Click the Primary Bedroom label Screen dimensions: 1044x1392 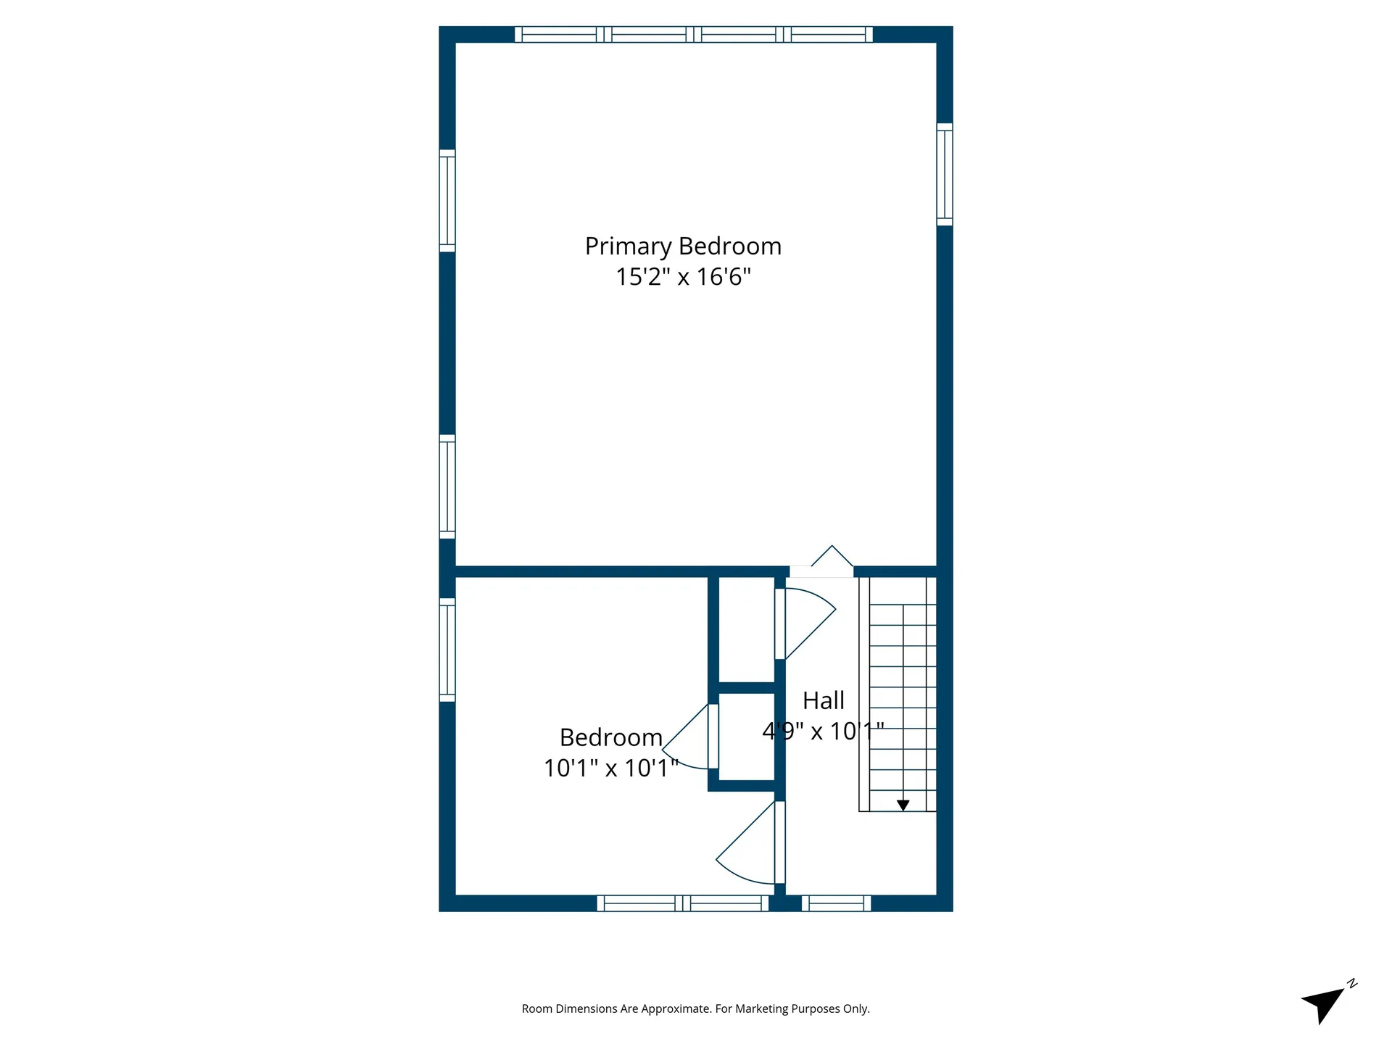[683, 246]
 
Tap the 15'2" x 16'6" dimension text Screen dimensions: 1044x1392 [683, 277]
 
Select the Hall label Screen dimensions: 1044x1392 [823, 700]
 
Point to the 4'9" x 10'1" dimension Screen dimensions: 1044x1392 [823, 731]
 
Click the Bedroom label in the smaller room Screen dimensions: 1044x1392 [611, 737]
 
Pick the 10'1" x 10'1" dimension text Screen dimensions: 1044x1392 [611, 768]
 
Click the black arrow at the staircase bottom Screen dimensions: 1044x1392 [903, 805]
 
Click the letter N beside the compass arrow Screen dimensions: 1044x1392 [1352, 984]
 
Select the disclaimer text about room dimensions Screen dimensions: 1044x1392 [695, 1008]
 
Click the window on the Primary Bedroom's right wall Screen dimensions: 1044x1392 [944, 174]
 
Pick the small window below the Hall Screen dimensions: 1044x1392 [836, 903]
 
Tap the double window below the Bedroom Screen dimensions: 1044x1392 [682, 903]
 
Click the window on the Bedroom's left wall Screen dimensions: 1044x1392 [447, 650]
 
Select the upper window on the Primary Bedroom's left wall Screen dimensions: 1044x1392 [447, 201]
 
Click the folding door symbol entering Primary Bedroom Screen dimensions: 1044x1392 [832, 558]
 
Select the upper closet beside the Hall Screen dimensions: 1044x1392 [746, 629]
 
